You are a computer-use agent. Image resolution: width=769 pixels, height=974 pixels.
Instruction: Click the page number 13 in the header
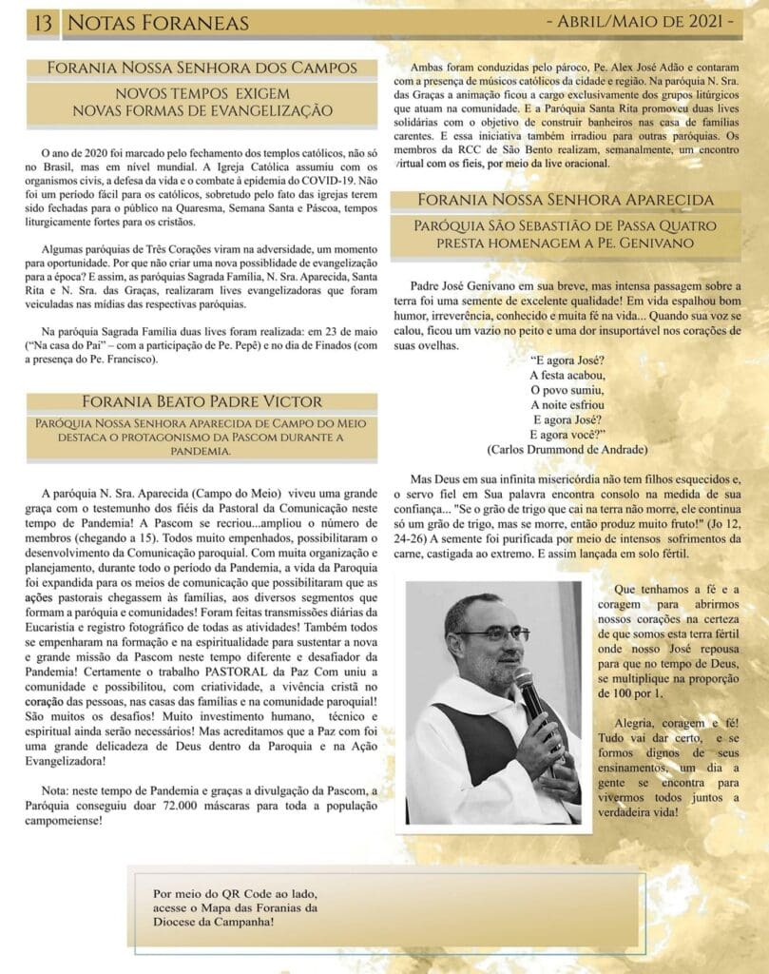click(x=42, y=22)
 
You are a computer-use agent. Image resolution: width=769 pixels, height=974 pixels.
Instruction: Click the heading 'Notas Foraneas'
click(x=159, y=22)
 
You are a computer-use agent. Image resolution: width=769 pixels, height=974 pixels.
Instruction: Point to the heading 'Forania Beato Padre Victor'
click(x=203, y=401)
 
